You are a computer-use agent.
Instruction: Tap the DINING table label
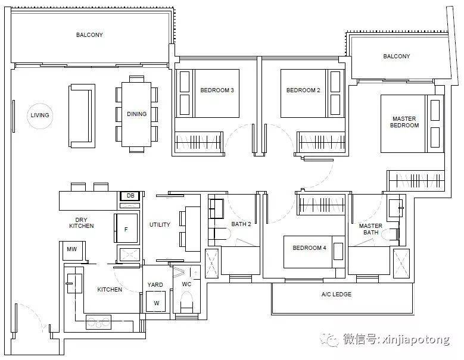pos(137,114)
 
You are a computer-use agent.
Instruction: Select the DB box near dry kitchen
pos(130,196)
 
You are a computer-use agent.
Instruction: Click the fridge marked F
pos(126,228)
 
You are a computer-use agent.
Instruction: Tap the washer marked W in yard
pos(156,302)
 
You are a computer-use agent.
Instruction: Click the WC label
pos(186,284)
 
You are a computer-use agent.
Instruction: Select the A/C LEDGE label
pos(337,295)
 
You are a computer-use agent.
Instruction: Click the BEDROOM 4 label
pos(309,248)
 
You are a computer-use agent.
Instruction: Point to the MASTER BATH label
pos(370,229)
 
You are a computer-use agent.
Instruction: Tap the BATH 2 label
pos(241,224)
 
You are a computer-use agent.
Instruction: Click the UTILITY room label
pos(160,225)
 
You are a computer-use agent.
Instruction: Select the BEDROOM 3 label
pos(217,90)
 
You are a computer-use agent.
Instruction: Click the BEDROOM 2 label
pos(303,90)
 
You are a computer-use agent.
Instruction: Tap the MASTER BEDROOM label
pos(404,122)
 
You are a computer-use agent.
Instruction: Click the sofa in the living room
pos(82,116)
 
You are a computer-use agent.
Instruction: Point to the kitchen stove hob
pos(98,322)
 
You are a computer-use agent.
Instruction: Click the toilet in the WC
pos(186,302)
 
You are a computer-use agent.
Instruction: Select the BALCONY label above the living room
pos(89,35)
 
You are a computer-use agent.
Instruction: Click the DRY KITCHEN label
pos(82,223)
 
